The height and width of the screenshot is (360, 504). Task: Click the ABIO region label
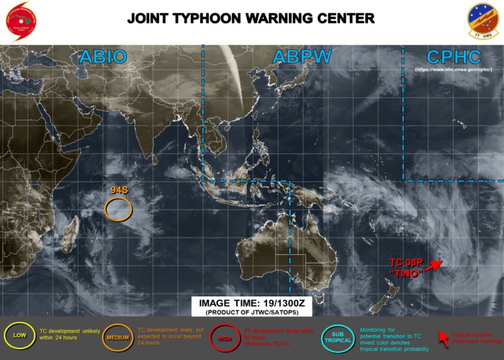point(103,57)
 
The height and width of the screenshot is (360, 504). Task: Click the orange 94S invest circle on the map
point(118,209)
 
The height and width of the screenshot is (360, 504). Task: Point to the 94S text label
point(119,190)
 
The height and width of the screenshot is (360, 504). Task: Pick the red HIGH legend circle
point(224,336)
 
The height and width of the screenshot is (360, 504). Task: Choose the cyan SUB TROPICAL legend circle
point(336,336)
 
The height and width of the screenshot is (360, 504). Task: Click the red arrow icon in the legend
point(444,334)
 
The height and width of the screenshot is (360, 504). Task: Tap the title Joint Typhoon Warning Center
point(251,18)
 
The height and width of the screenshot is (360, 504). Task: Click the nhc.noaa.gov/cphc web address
point(453,70)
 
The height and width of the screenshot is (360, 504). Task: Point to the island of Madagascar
point(69,236)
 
